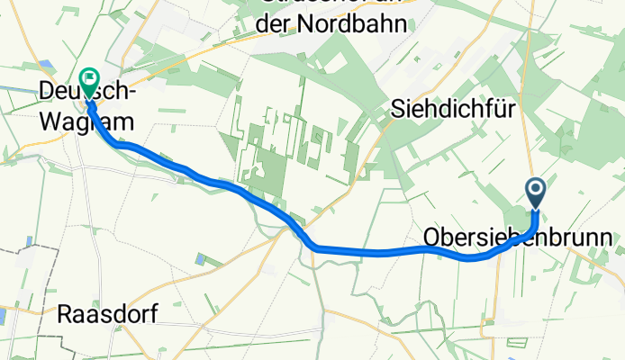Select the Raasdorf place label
[107, 315]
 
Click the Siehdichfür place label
[453, 110]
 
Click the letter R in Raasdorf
[65, 315]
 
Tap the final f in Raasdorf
[151, 315]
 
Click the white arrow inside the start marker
[534, 190]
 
